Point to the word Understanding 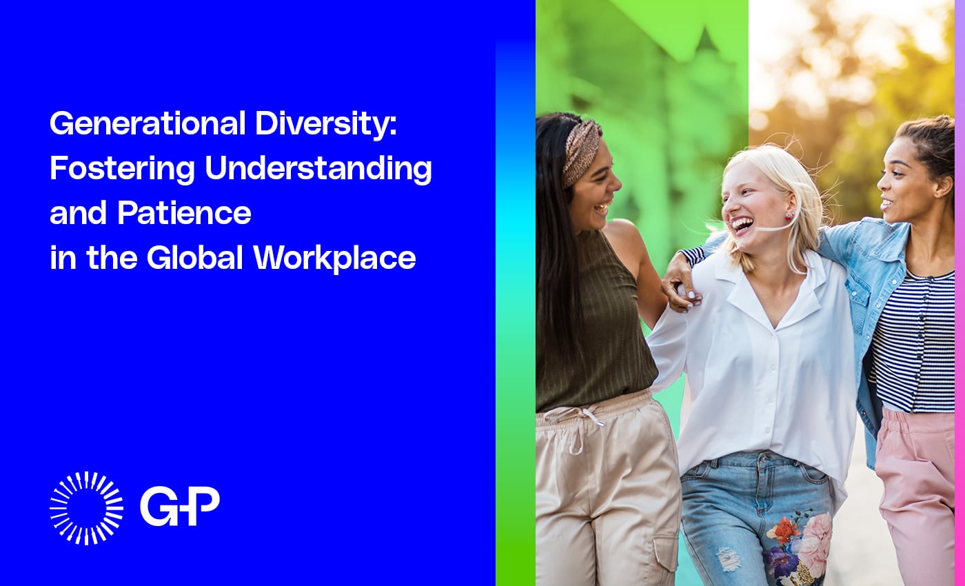(318, 169)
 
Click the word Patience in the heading (184, 214)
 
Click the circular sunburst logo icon (87, 508)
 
